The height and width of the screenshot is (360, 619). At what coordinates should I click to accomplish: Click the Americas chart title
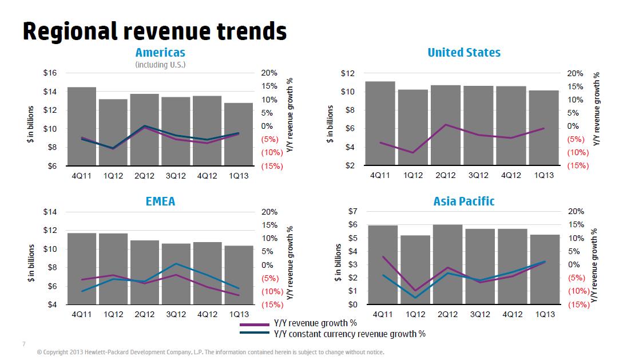click(x=160, y=53)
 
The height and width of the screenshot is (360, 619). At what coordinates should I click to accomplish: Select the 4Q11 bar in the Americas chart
click(x=81, y=126)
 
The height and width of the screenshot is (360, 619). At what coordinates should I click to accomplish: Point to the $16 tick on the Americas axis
click(x=50, y=73)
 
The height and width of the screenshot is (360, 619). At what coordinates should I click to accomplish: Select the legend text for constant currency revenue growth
click(x=350, y=334)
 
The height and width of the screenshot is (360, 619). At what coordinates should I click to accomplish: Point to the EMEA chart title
click(x=160, y=201)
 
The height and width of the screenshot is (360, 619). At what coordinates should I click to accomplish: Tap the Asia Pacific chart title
click(x=464, y=201)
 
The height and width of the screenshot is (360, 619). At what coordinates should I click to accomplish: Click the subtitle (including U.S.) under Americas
click(x=160, y=65)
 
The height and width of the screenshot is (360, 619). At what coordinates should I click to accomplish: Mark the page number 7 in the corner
click(x=23, y=343)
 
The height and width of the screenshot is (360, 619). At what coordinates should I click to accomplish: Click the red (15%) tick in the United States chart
click(x=578, y=166)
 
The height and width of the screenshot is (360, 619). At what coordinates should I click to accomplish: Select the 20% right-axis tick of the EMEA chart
click(x=269, y=212)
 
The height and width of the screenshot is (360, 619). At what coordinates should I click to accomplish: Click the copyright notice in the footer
click(x=210, y=352)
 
